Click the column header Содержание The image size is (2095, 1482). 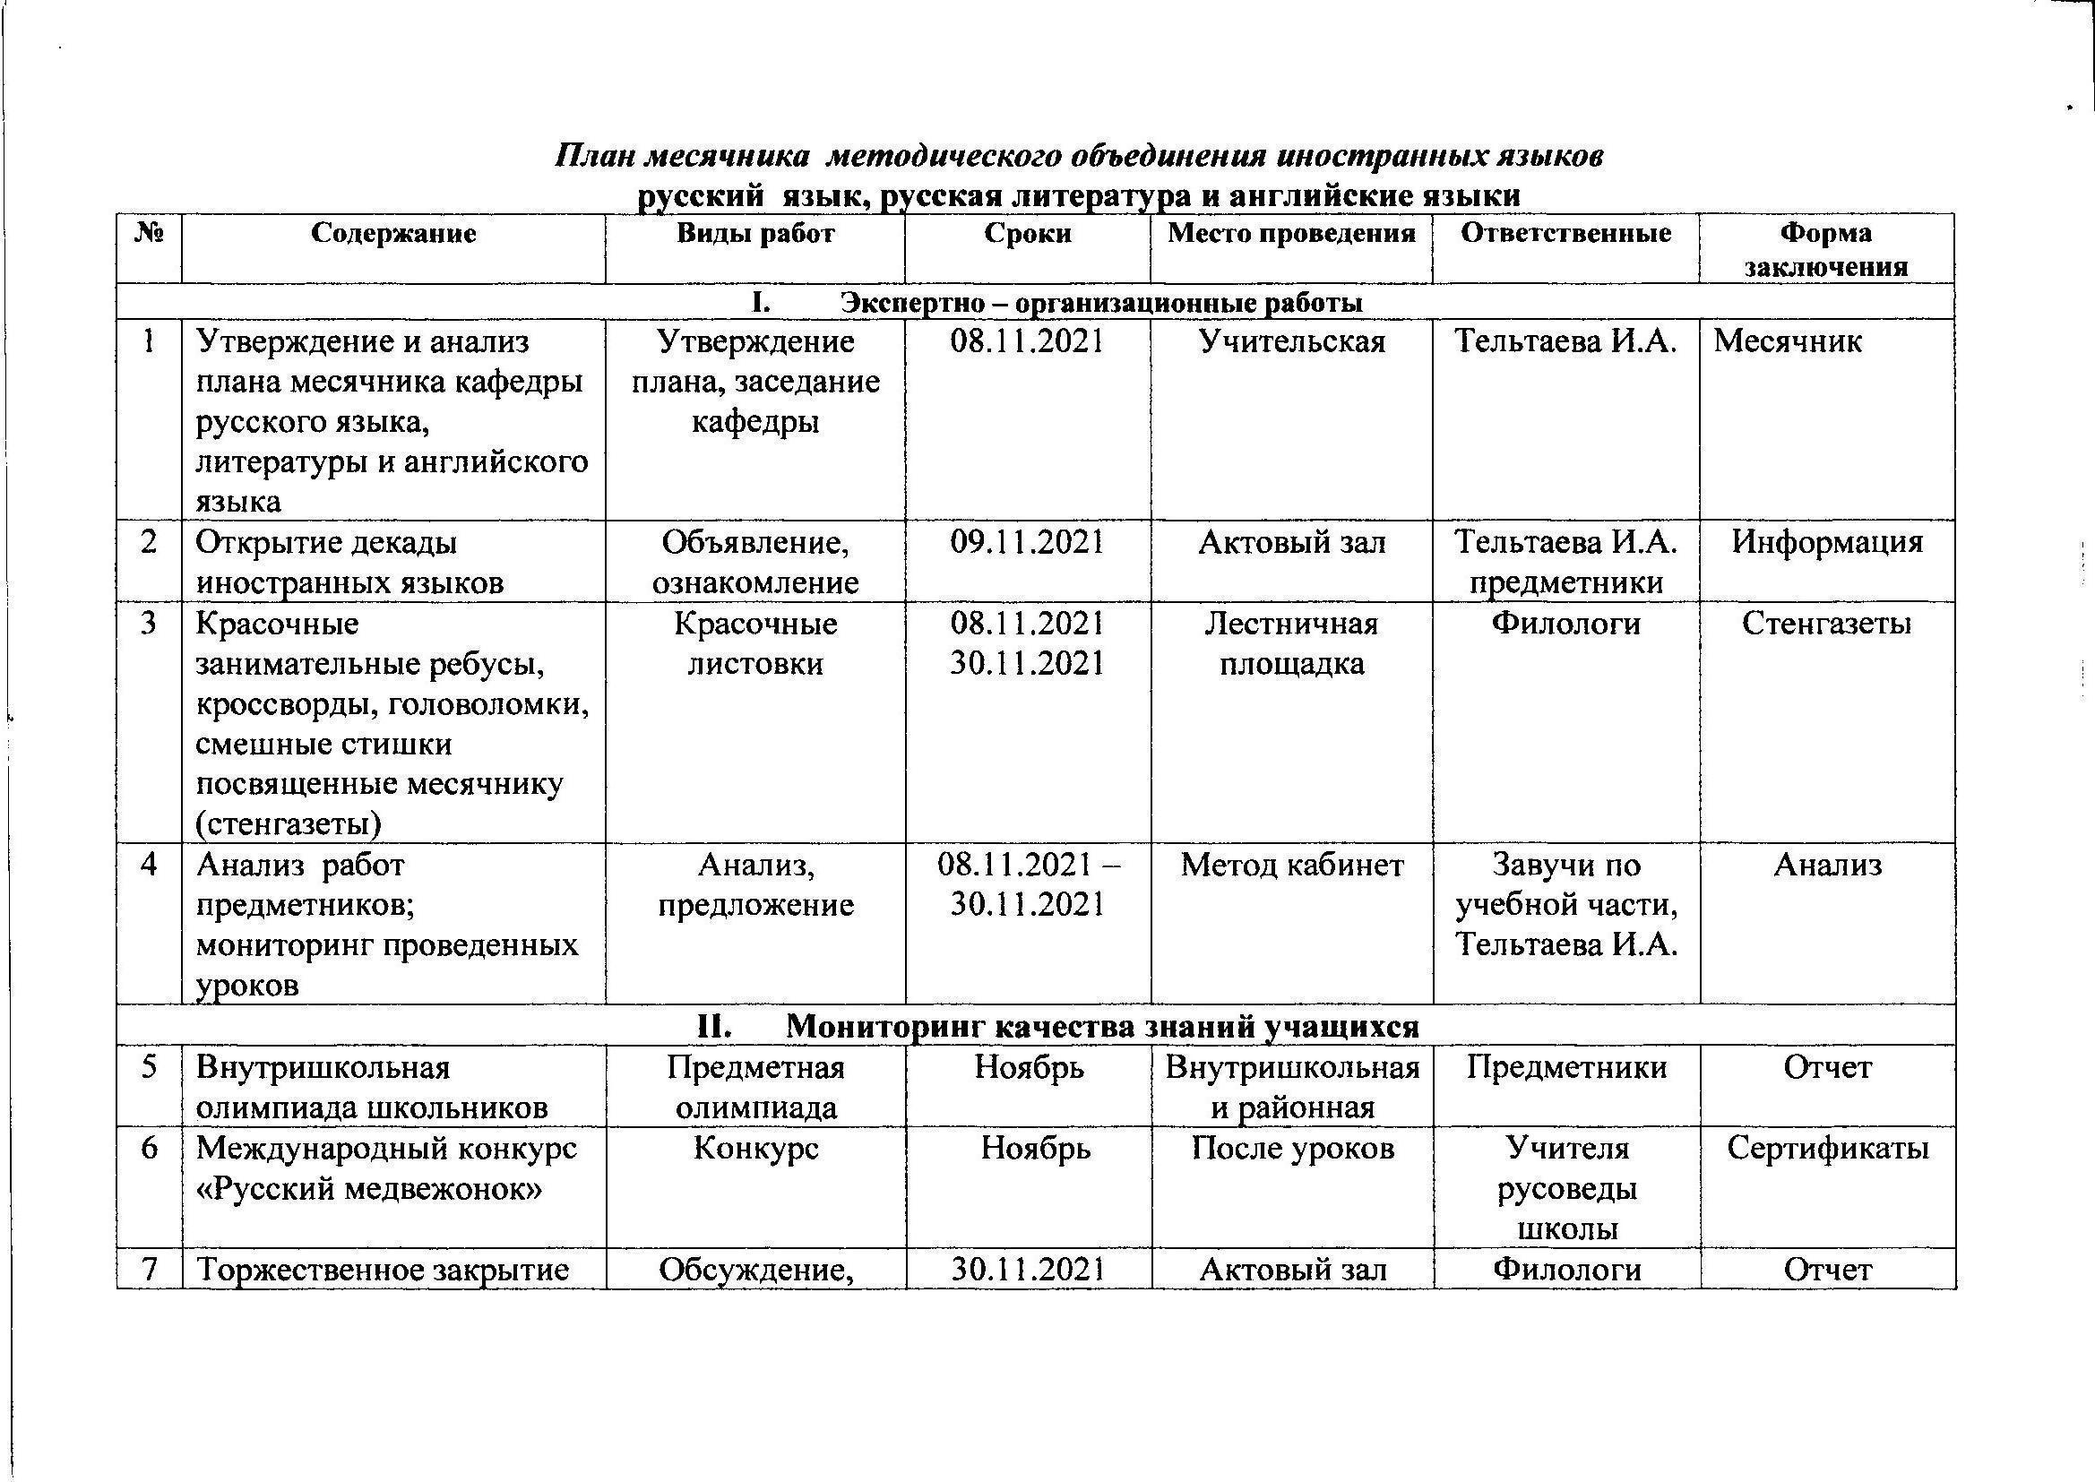(393, 234)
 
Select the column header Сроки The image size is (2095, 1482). (1028, 234)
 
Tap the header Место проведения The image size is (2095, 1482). (1291, 234)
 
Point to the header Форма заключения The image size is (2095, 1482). (1826, 249)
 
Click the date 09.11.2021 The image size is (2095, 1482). (1028, 543)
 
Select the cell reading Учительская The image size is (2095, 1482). (1291, 342)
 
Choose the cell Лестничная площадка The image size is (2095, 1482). (1291, 643)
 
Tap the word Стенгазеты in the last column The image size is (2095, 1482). (1826, 625)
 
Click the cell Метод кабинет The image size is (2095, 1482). (1291, 866)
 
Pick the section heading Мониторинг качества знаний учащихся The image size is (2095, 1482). (1102, 1027)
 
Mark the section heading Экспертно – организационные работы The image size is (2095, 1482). (1101, 303)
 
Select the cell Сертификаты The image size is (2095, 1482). (1828, 1148)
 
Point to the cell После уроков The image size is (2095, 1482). (1292, 1148)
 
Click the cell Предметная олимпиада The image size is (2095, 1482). (755, 1088)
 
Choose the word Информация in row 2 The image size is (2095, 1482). (1827, 543)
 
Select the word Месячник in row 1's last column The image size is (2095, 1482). (1788, 342)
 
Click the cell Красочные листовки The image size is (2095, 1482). (755, 643)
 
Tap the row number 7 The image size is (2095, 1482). (149, 1270)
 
